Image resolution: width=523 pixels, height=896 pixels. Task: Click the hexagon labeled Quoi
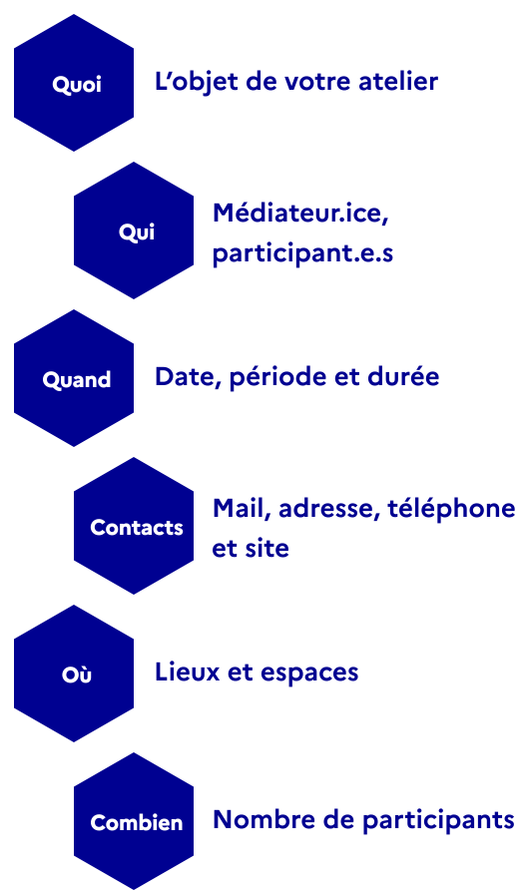pos(74,83)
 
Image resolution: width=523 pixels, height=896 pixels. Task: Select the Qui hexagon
pos(134,230)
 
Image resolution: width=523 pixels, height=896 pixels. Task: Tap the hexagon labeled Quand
pos(74,378)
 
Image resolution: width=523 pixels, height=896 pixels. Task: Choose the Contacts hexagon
pos(134,526)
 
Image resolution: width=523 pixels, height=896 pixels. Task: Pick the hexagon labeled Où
pos(74,673)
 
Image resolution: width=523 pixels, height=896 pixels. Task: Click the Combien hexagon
pos(134,821)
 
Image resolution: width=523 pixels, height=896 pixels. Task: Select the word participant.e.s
pos(303,253)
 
